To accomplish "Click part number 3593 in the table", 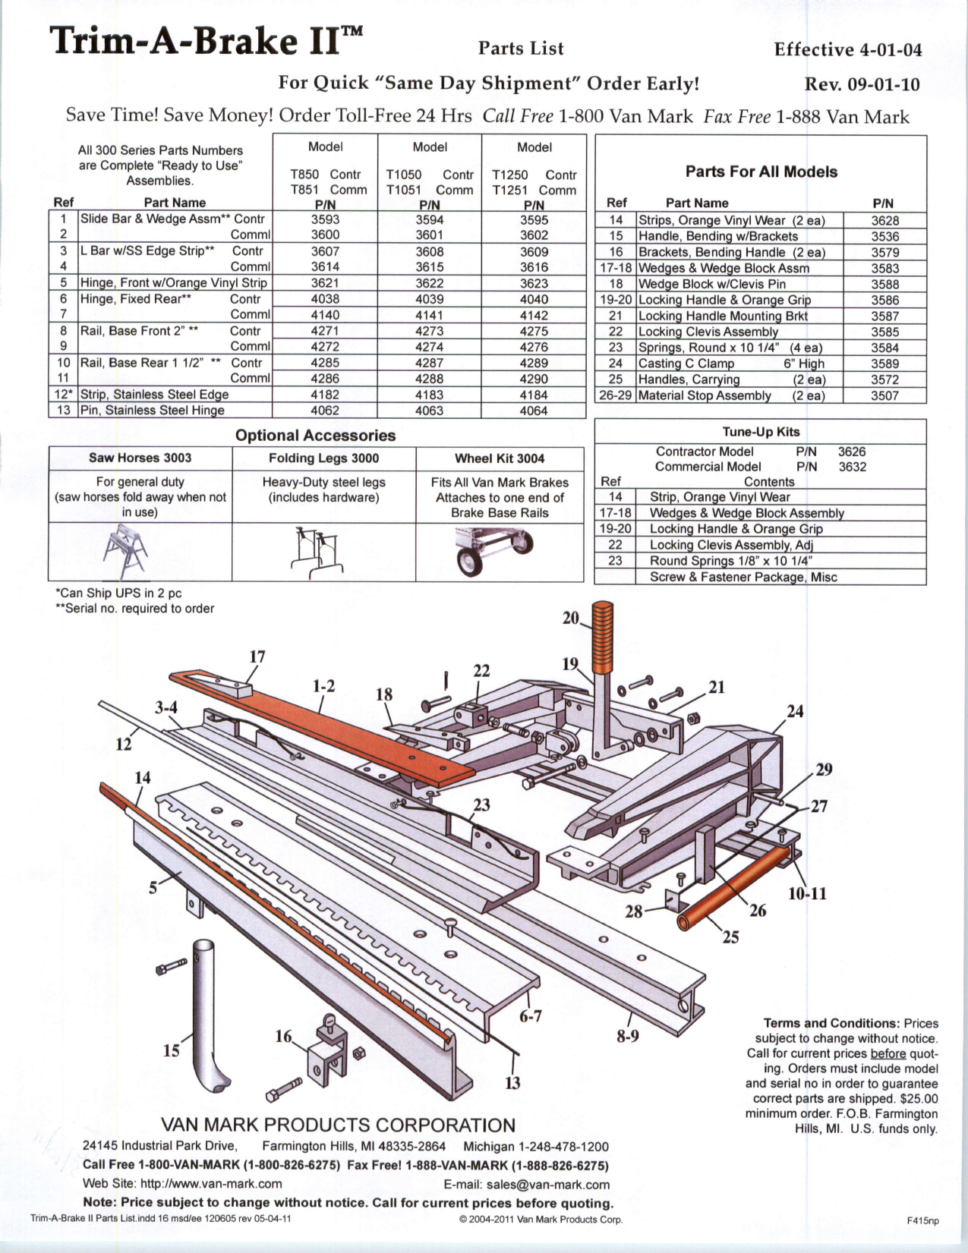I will (x=325, y=219).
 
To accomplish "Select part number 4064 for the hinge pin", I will (x=534, y=411).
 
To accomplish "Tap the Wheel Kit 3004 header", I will (x=500, y=458).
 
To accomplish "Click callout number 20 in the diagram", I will (x=571, y=618).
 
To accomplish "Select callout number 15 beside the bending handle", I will (x=172, y=1050).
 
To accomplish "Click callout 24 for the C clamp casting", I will (x=795, y=711).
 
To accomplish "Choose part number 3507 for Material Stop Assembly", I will (x=884, y=395).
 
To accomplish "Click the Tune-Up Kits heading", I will (x=761, y=432).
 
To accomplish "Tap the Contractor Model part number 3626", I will (x=851, y=452).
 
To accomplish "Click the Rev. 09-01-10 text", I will (x=862, y=83).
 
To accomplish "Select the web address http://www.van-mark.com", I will (x=211, y=1184).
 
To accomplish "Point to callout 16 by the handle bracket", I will (x=283, y=1036).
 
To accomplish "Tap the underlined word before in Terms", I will (x=888, y=1053).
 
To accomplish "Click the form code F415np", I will (x=922, y=1220).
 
